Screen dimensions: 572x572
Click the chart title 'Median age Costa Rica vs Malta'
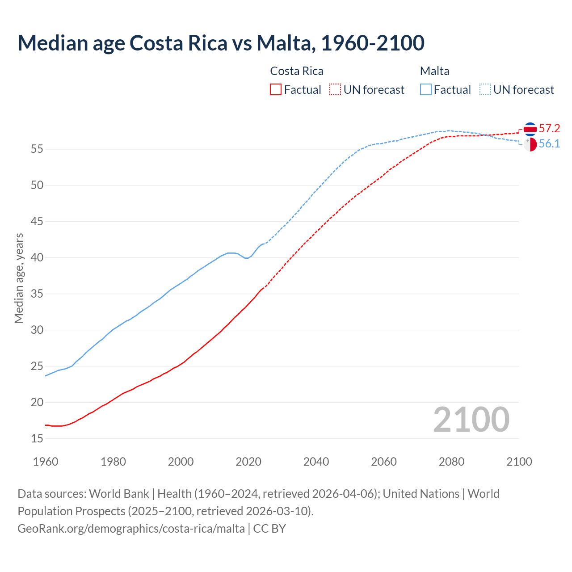coord(221,43)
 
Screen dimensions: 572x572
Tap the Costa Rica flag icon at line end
coord(530,129)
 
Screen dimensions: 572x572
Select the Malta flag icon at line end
coord(530,144)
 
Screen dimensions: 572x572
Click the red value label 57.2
coord(549,129)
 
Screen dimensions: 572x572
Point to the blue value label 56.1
coord(549,144)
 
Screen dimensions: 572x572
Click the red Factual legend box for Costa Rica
coord(276,89)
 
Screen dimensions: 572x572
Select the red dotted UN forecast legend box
coord(335,89)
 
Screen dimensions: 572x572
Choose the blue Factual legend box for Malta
coord(426,89)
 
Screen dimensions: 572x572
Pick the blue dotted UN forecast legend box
coord(485,89)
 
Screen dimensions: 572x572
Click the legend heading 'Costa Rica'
coord(297,71)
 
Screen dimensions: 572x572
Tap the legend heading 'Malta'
coord(434,71)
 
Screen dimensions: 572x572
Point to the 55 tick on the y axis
coord(37,149)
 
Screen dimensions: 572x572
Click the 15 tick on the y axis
coord(37,438)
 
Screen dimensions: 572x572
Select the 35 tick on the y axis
coord(37,294)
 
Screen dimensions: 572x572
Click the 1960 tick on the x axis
coord(46,462)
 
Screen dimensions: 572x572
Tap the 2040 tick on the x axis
coord(316,462)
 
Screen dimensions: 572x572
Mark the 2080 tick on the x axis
coord(451,462)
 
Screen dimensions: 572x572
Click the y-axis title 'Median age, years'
coord(19,278)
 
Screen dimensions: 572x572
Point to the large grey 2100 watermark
coord(471,419)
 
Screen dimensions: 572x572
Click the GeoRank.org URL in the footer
coord(131,528)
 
